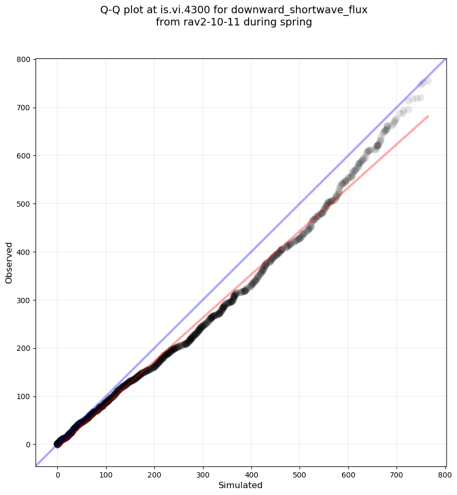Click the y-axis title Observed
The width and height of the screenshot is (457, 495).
[9, 262]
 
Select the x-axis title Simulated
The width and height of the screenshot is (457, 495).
[241, 485]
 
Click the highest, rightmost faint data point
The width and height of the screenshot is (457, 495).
[427, 81]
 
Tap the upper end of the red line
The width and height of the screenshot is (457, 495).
[428, 116]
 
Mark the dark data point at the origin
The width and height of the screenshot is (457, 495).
[58, 444]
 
